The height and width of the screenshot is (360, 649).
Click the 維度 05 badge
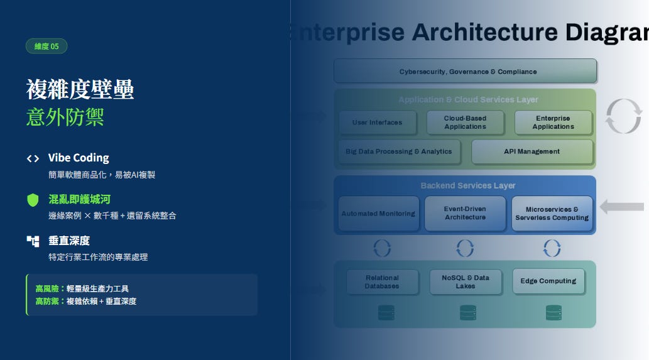pos(46,46)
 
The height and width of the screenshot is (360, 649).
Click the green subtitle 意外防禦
pos(65,117)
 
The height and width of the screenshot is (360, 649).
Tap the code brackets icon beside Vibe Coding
pos(33,158)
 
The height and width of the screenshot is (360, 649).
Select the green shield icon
pos(33,200)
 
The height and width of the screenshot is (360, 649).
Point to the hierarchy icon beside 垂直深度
pos(33,241)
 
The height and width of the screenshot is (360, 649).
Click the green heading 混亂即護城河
pos(79,199)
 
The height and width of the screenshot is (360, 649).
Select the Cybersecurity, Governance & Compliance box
pos(465,71)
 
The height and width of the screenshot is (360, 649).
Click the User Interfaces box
pos(377,123)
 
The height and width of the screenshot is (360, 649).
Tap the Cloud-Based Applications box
pos(465,123)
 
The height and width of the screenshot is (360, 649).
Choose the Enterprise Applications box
pos(553,123)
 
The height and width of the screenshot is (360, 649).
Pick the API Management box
pos(532,151)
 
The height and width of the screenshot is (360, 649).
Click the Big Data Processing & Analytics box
pos(398,151)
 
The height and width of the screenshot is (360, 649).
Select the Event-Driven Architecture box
pos(465,213)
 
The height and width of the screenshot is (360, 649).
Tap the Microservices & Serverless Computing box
pos(552,214)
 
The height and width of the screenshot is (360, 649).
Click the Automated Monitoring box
pos(378,214)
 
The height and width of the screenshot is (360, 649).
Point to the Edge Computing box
pos(548,281)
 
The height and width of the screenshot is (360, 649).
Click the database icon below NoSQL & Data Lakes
pos(467,312)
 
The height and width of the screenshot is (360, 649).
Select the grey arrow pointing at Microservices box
pos(622,207)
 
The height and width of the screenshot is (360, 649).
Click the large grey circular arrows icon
pos(623,116)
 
